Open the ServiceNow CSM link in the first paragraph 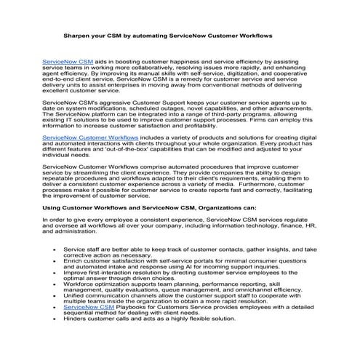67,63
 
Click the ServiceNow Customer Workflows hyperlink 90,137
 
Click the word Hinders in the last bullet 77,340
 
